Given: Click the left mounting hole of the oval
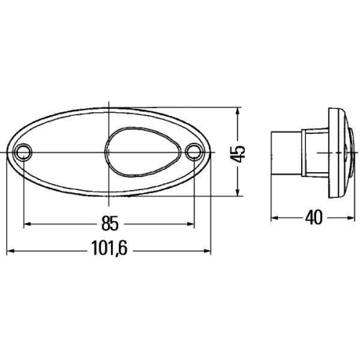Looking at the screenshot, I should (x=24, y=153).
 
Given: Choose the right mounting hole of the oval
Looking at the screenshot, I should (x=194, y=153).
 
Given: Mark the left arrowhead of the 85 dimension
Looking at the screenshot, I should (x=28, y=224).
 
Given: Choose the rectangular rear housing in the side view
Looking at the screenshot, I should (x=289, y=153).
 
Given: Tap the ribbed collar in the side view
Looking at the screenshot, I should (x=317, y=153).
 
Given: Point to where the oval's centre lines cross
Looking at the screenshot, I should (x=109, y=153).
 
